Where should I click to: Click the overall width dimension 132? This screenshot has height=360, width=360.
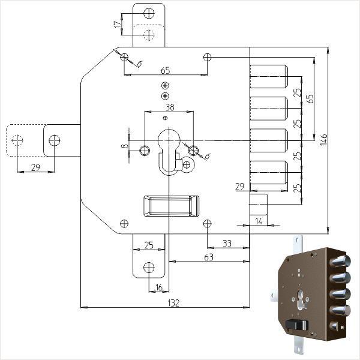(173, 302)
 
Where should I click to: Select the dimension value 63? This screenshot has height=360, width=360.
(209, 257)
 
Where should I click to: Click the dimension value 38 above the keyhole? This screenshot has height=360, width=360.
(169, 108)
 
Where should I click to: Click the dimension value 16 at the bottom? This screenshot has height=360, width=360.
(159, 287)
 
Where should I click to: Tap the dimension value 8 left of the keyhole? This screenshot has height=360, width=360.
(124, 145)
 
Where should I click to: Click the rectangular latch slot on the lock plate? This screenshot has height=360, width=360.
(170, 206)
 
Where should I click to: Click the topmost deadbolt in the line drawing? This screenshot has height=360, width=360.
(268, 76)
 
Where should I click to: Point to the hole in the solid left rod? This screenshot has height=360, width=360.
(55, 140)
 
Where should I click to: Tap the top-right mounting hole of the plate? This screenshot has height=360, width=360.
(208, 57)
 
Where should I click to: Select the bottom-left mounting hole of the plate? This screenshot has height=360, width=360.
(124, 223)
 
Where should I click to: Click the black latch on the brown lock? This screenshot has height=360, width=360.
(296, 325)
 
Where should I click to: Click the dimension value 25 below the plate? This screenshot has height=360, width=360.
(148, 245)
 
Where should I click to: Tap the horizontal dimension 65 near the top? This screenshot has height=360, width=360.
(166, 71)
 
